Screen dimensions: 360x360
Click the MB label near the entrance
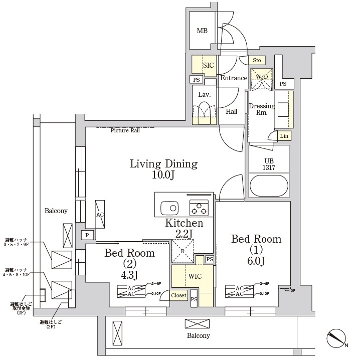pos(202,31)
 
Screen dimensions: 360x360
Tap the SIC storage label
pos(208,65)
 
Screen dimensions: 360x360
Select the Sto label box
pos(257,61)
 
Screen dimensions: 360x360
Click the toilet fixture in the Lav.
pos(204,110)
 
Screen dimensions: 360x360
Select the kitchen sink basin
pos(169,207)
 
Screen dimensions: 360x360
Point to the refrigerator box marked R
pos(183,251)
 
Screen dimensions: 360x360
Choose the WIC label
pos(195,276)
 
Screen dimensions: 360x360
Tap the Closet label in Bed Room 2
pos(178,296)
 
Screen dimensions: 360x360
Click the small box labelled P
pos(87,235)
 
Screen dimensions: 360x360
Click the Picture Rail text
pos(125,130)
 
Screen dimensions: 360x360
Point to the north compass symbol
pos(337,340)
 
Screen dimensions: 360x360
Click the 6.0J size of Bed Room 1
pos(256,261)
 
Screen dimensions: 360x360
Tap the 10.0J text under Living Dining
pos(163,175)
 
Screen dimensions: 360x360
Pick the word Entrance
pos(234,78)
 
